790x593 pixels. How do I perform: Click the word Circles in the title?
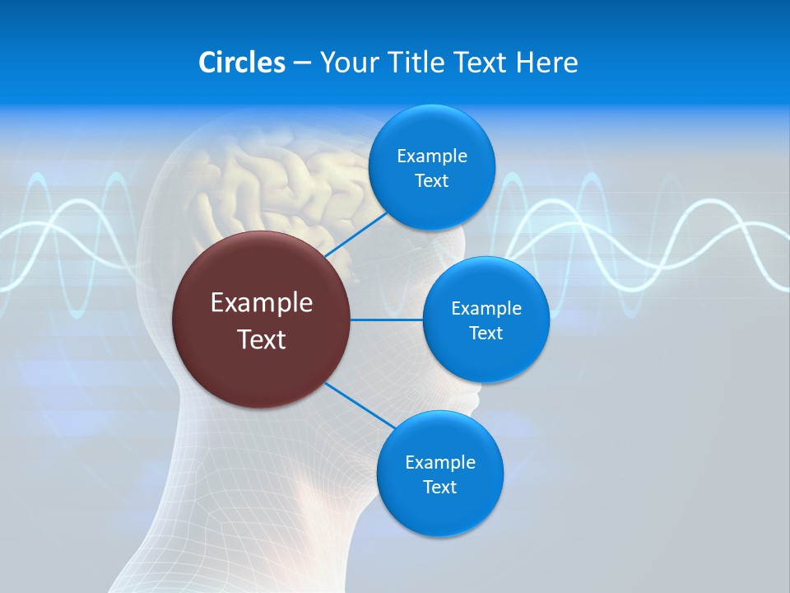pyautogui.click(x=241, y=63)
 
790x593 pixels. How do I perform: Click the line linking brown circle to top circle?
pyautogui.click(x=356, y=235)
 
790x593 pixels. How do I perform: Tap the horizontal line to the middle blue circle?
pyautogui.click(x=387, y=320)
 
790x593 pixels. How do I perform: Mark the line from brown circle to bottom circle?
pyautogui.click(x=360, y=405)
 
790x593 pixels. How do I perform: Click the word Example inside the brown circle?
pyautogui.click(x=262, y=303)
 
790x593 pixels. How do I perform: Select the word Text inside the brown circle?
pyautogui.click(x=262, y=339)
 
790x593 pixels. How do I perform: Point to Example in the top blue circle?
pyautogui.click(x=432, y=156)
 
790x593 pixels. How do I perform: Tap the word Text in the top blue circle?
pyautogui.click(x=431, y=181)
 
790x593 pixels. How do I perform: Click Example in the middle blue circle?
pyautogui.click(x=486, y=309)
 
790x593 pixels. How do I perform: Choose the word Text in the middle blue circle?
pyautogui.click(x=486, y=334)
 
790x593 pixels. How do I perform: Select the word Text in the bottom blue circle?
pyautogui.click(x=439, y=488)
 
